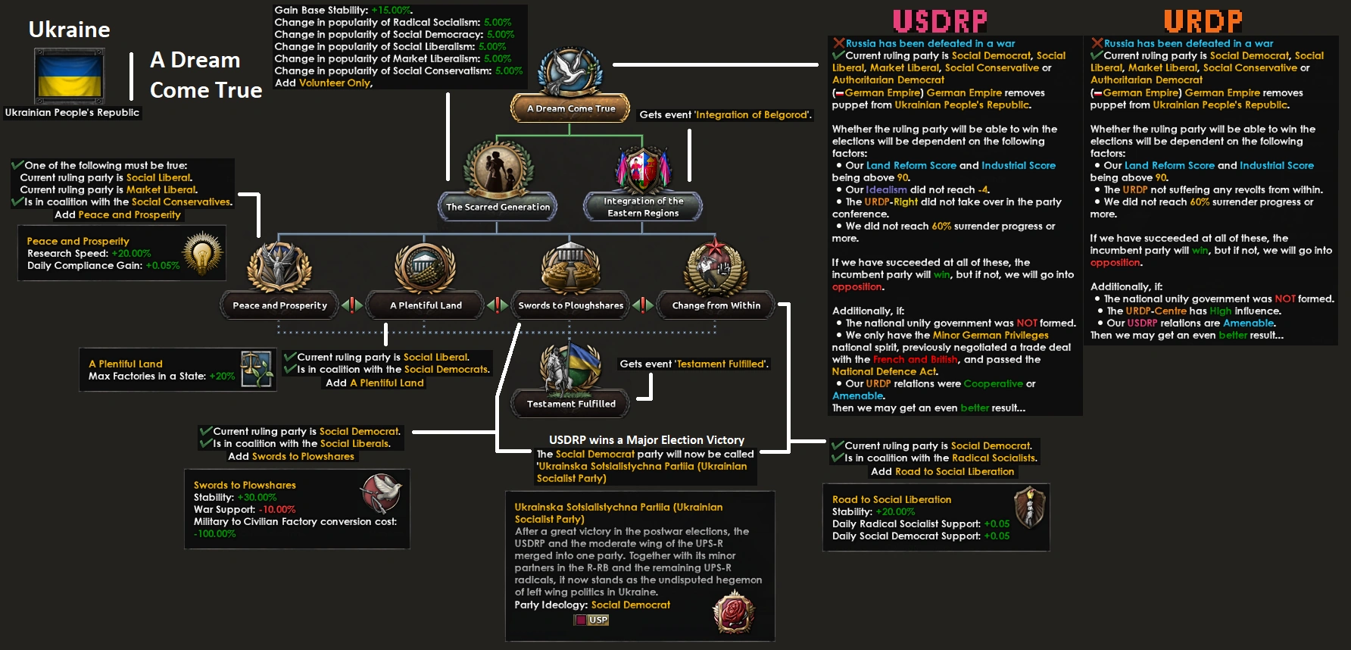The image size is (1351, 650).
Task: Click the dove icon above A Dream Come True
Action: tap(569, 73)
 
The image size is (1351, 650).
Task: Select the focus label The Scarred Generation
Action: tap(498, 207)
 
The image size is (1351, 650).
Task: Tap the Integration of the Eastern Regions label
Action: tap(643, 207)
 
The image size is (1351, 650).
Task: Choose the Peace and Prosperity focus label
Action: tap(279, 305)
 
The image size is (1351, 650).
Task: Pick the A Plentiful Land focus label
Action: tap(426, 305)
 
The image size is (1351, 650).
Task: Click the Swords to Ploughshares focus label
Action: tap(571, 305)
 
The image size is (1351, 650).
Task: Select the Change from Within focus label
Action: tap(716, 305)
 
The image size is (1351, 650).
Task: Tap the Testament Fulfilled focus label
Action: tap(571, 404)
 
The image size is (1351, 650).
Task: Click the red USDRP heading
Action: tap(940, 21)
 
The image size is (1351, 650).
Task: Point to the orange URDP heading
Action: tap(1203, 21)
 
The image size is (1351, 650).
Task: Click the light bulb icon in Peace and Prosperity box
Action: tap(202, 254)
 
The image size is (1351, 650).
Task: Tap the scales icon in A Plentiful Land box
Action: tap(257, 369)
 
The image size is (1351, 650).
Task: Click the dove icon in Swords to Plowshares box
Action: tap(381, 494)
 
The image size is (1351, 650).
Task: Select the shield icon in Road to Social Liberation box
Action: tap(1030, 507)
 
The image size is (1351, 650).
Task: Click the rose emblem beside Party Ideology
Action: tap(733, 612)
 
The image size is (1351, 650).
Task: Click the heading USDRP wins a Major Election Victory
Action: tap(646, 440)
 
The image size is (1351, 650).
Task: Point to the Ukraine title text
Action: tap(69, 30)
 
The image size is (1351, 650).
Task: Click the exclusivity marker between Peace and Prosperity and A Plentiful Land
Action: tap(352, 305)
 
